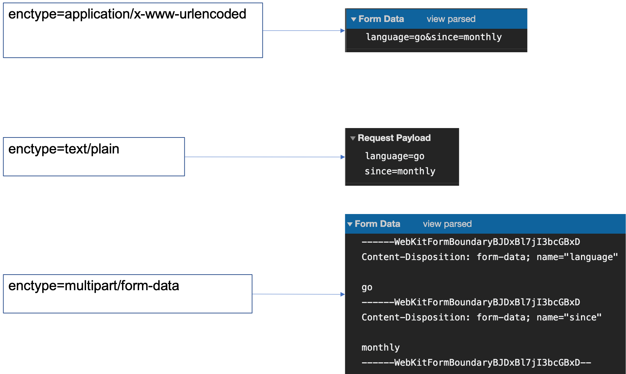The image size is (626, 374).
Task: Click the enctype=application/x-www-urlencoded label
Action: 127,14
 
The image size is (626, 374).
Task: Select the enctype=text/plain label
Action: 64,149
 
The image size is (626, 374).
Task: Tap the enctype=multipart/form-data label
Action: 94,286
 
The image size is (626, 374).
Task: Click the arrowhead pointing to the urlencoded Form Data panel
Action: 342,31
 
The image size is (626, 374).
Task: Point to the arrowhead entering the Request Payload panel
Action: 342,157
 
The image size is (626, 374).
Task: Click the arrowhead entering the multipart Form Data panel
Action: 342,294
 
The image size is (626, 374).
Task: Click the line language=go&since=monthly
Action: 434,37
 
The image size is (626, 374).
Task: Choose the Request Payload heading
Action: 394,138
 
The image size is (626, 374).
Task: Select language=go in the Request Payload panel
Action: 395,156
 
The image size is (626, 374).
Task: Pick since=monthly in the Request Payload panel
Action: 400,171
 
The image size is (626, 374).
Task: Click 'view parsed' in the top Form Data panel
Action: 451,19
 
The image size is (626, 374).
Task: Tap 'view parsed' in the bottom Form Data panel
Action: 447,224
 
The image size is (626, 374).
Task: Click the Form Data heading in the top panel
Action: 381,19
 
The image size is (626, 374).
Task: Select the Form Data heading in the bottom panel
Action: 377,224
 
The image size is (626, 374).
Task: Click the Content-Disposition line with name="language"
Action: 489,257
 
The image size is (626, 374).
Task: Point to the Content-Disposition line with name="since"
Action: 481,317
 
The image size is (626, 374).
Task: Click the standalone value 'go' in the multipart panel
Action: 367,288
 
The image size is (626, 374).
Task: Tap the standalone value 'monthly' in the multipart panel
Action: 381,348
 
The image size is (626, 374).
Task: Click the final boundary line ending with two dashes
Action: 476,362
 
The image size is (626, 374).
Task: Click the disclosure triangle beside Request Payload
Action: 353,138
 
